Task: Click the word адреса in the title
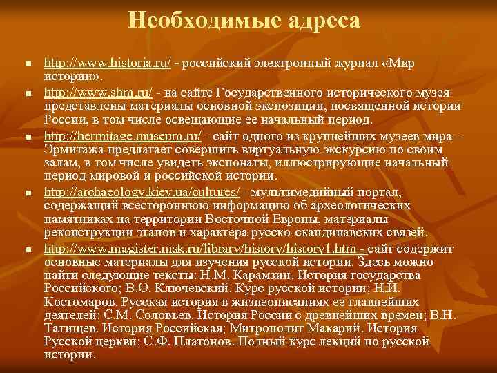point(320,21)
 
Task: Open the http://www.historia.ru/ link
point(108,63)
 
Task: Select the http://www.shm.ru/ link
point(98,93)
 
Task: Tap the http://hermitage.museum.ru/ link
point(123,135)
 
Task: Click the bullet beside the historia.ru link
point(27,64)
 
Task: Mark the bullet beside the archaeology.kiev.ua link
point(27,191)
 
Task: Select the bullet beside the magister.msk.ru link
point(27,249)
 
